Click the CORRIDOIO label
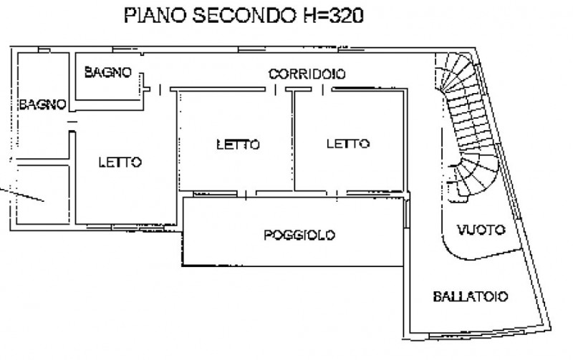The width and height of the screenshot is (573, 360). click(307, 73)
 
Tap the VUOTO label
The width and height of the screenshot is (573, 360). click(481, 230)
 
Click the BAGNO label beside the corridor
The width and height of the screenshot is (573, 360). click(107, 72)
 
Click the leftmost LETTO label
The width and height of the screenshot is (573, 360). click(120, 162)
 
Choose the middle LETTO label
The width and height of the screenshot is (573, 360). click(237, 144)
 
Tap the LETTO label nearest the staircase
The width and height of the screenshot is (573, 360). click(348, 144)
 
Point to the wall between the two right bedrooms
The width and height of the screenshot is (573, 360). click(294, 143)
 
